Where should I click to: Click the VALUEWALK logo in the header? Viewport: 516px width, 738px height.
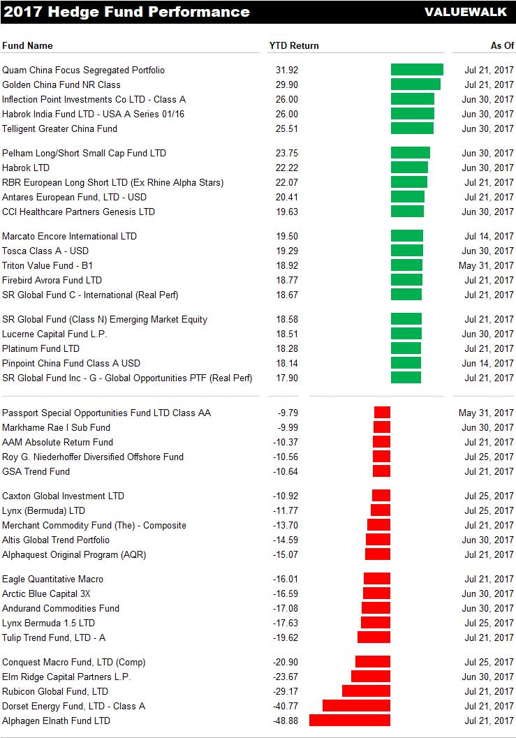[x=467, y=12]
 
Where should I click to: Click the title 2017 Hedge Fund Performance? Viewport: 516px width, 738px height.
[x=126, y=12]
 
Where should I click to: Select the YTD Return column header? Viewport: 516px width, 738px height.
[x=294, y=45]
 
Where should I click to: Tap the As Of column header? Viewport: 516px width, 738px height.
[x=501, y=45]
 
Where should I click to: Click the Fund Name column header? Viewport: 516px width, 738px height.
[x=27, y=45]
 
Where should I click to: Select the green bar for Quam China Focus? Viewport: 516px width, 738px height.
[x=417, y=70]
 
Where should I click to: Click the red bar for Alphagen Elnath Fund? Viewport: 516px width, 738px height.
[x=350, y=721]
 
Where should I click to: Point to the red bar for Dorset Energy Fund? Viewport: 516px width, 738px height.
[x=356, y=706]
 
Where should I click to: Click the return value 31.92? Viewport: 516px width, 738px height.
[x=287, y=70]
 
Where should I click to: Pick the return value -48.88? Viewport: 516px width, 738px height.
[x=286, y=721]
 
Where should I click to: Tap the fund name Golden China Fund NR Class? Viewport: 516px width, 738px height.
[x=61, y=84]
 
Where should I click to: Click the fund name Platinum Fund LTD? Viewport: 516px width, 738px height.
[x=40, y=348]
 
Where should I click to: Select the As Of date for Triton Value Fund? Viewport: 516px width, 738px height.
[x=486, y=265]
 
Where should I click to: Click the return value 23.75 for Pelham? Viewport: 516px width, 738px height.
[x=287, y=153]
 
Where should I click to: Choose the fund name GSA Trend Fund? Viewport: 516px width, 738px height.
[x=36, y=471]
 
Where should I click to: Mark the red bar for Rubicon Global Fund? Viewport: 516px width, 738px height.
[x=366, y=691]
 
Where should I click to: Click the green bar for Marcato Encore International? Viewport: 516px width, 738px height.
[x=407, y=236]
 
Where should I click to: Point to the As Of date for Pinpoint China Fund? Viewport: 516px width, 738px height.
[x=487, y=363]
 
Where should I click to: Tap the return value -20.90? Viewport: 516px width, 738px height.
[x=286, y=662]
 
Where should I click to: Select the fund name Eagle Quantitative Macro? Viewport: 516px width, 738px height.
[x=52, y=579]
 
